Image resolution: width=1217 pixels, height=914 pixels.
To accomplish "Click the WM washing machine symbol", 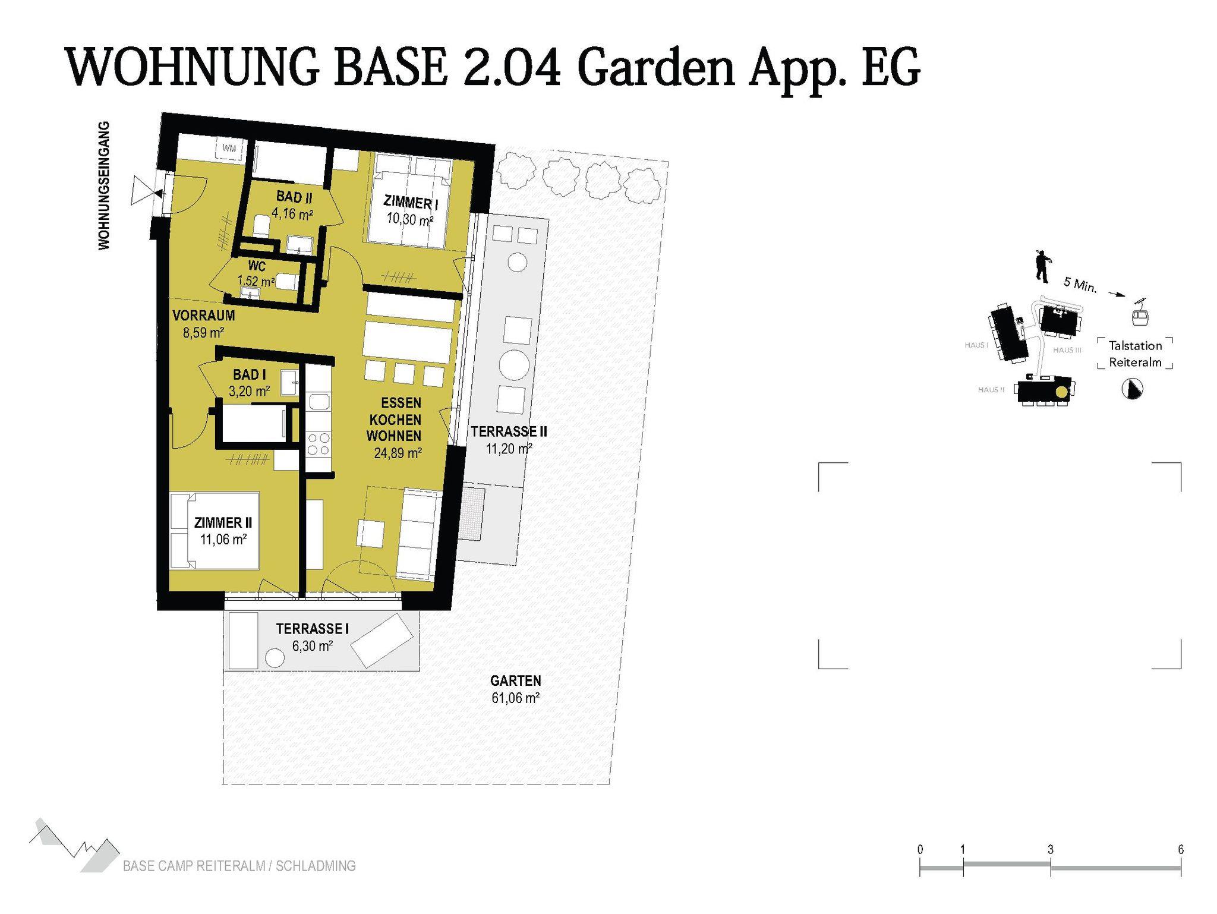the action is (x=229, y=149).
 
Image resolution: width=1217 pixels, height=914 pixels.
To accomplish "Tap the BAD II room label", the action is (x=294, y=197).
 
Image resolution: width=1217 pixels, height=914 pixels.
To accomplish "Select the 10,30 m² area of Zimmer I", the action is (x=409, y=219).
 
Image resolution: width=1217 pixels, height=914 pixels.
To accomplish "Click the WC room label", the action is (x=257, y=266).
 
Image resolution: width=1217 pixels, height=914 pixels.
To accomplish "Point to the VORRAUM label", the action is (x=204, y=316).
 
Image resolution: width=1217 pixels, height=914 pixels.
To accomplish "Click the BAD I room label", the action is (x=250, y=375).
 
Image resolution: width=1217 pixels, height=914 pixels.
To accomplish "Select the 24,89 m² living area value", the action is (x=398, y=453).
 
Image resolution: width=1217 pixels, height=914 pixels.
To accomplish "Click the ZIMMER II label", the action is (x=223, y=522).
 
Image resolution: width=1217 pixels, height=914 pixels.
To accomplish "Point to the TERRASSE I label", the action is (x=313, y=629).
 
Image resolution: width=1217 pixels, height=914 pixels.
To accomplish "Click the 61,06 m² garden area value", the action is (x=515, y=698).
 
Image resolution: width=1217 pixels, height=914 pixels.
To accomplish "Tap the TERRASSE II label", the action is (x=509, y=431).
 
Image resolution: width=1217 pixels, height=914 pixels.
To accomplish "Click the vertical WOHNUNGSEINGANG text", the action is (x=104, y=185).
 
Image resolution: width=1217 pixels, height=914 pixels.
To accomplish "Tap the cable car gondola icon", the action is (x=1139, y=313).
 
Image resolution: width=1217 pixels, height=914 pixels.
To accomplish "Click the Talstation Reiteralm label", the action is (x=1135, y=354).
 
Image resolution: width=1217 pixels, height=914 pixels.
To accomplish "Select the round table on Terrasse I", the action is (x=274, y=658).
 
